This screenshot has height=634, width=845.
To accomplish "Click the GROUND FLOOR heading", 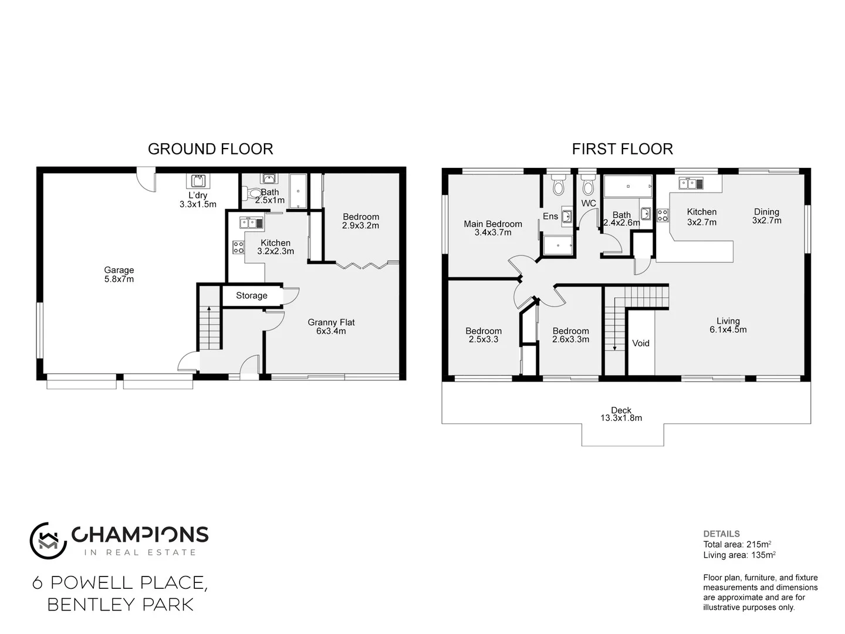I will pyautogui.click(x=210, y=149).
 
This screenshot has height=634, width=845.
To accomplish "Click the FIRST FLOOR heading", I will pyautogui.click(x=622, y=149).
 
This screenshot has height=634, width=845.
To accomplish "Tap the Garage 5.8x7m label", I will pyautogui.click(x=119, y=275).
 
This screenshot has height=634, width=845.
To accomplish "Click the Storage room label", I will pyautogui.click(x=252, y=295).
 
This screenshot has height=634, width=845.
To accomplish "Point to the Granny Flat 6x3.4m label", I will pyautogui.click(x=331, y=326).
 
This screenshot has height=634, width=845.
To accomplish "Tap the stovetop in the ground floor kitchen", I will pyautogui.click(x=238, y=247).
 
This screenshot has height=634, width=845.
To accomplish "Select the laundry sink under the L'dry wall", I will pyautogui.click(x=198, y=180).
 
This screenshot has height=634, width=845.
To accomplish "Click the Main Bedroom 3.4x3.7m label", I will pyautogui.click(x=492, y=228).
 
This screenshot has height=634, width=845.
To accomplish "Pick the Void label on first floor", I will pyautogui.click(x=640, y=343).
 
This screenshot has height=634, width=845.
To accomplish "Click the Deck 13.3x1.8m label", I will pyautogui.click(x=621, y=414).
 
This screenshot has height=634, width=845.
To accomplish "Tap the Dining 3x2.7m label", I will pyautogui.click(x=766, y=216).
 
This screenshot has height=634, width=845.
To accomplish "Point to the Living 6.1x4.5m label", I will pyautogui.click(x=728, y=325).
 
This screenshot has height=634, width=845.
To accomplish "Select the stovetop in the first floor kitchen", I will pyautogui.click(x=662, y=215).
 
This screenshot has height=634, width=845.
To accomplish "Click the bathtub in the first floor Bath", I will pyautogui.click(x=628, y=186).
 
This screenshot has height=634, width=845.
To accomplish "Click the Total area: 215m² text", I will pyautogui.click(x=737, y=544).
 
